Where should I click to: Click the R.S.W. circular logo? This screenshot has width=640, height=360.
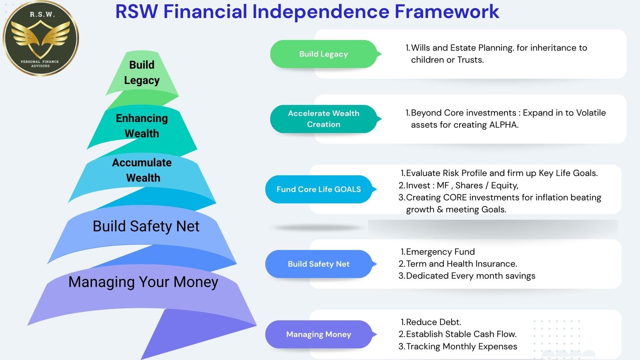click(40, 38)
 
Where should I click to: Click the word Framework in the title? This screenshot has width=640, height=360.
click(447, 12)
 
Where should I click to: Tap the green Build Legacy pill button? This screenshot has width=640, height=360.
click(324, 54)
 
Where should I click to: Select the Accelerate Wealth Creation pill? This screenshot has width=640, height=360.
click(324, 119)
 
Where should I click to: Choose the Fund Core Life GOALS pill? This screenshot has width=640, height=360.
click(319, 189)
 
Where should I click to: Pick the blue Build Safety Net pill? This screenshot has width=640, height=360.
click(319, 264)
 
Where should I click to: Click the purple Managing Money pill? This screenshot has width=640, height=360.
click(319, 334)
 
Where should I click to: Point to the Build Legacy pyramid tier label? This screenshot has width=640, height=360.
click(142, 72)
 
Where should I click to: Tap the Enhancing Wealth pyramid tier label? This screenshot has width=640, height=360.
click(142, 126)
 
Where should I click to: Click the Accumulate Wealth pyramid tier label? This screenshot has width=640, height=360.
click(142, 170)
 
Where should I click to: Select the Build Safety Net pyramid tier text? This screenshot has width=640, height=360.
click(146, 226)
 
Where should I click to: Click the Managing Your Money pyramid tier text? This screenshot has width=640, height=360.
click(143, 282)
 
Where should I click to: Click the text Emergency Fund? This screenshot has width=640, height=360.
click(440, 252)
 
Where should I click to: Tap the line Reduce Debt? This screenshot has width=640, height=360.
click(434, 322)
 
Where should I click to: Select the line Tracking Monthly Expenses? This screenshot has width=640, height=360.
click(462, 346)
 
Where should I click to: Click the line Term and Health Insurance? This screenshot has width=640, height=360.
click(462, 264)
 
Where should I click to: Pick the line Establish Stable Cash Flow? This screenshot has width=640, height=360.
click(461, 334)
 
